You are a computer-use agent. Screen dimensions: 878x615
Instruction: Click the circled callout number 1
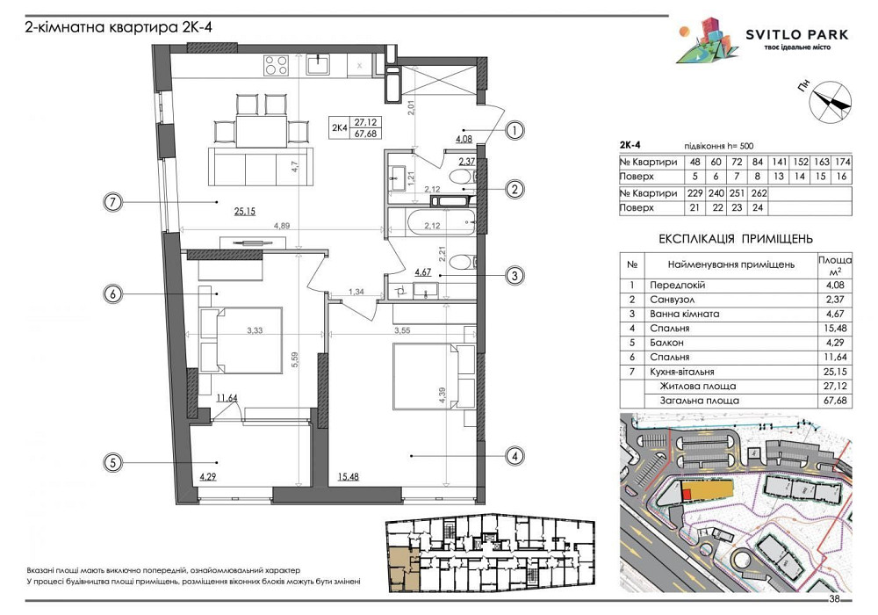(x=515, y=131)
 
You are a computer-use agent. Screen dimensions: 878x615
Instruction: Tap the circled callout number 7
(x=113, y=201)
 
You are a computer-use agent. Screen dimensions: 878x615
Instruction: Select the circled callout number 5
(x=113, y=463)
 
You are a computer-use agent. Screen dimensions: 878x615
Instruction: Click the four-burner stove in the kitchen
(x=276, y=65)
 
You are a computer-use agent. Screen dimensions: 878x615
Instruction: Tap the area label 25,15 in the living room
(x=245, y=211)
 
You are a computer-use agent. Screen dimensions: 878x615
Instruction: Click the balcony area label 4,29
(x=208, y=477)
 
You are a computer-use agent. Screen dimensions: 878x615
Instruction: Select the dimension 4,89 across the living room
(x=282, y=227)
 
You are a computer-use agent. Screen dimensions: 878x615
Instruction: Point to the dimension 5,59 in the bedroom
(x=295, y=359)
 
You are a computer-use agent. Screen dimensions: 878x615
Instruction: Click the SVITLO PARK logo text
(x=797, y=35)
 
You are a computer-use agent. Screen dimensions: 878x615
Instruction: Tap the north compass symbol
(x=831, y=102)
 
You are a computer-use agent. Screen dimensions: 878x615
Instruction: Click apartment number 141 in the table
(x=779, y=162)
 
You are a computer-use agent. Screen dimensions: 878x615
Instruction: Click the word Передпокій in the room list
(x=677, y=285)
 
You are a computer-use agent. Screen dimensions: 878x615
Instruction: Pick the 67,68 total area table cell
(x=835, y=401)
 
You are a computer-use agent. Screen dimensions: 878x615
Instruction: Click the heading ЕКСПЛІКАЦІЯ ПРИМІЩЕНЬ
(x=735, y=239)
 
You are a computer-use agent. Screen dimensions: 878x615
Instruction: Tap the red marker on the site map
(x=687, y=494)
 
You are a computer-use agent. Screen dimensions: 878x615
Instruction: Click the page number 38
(x=834, y=599)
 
